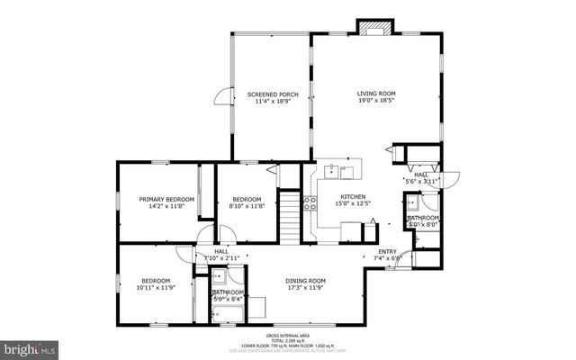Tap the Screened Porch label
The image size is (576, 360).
273,94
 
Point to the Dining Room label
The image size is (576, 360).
305,280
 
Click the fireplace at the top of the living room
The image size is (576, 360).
371,29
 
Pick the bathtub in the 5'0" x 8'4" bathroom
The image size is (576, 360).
227,312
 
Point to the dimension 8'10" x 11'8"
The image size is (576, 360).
247,207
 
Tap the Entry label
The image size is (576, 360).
387,251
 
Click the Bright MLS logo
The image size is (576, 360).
31,347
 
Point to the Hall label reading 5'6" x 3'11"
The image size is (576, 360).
422,178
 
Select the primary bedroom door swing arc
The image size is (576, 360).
184,235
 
